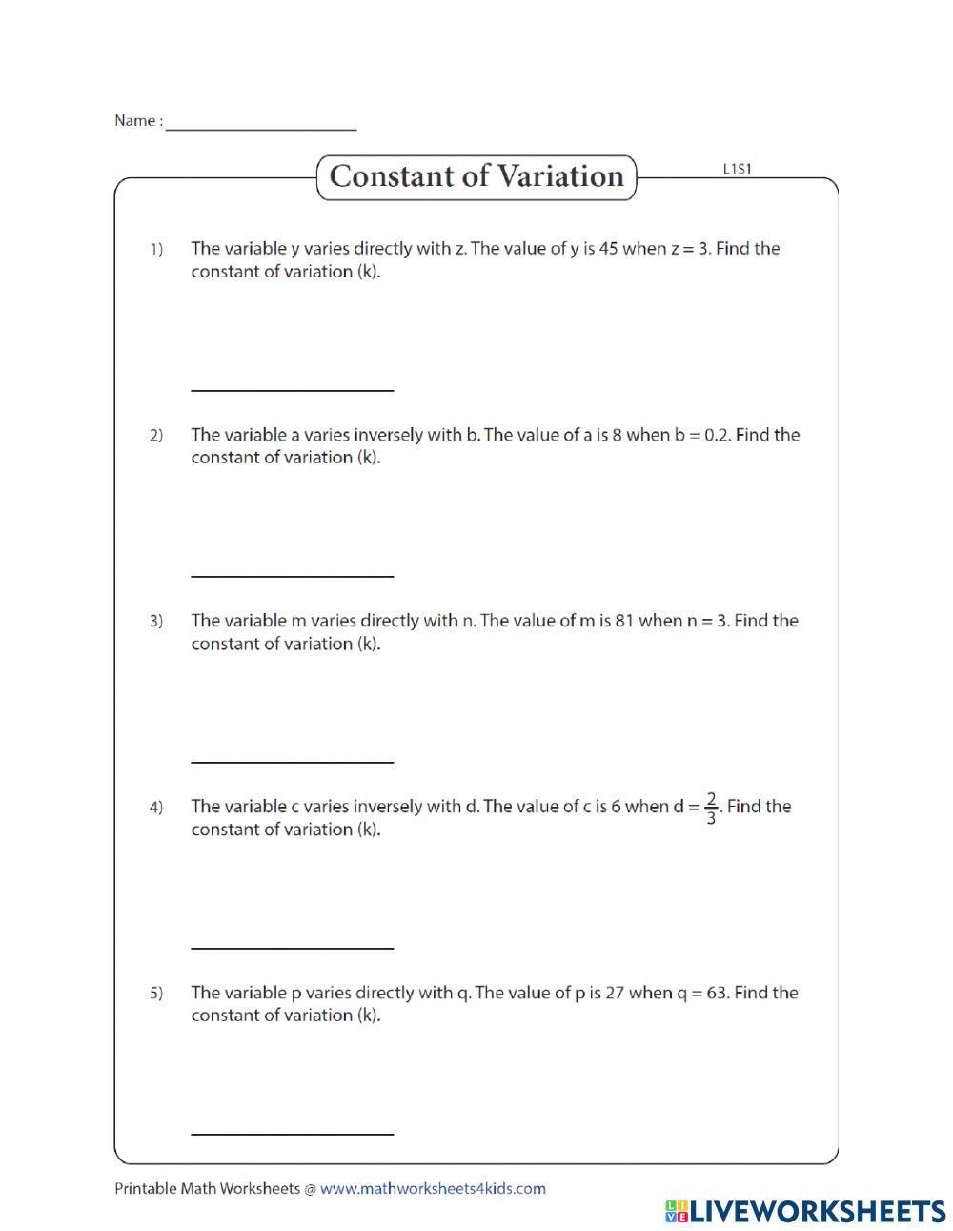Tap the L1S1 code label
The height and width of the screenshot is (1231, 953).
pos(737,169)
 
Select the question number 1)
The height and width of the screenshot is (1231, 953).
pos(155,250)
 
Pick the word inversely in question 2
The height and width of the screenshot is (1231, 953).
pos(388,435)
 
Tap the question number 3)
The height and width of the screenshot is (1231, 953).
pos(155,622)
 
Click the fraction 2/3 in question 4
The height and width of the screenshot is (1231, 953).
pos(711,808)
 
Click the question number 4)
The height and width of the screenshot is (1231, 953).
pos(155,808)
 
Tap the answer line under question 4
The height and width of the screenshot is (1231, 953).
pos(292,946)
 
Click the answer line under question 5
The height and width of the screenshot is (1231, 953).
pos(292,1132)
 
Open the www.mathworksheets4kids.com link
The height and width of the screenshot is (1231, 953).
pos(433,1188)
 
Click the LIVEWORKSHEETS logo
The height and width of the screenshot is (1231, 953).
pos(804,1211)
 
